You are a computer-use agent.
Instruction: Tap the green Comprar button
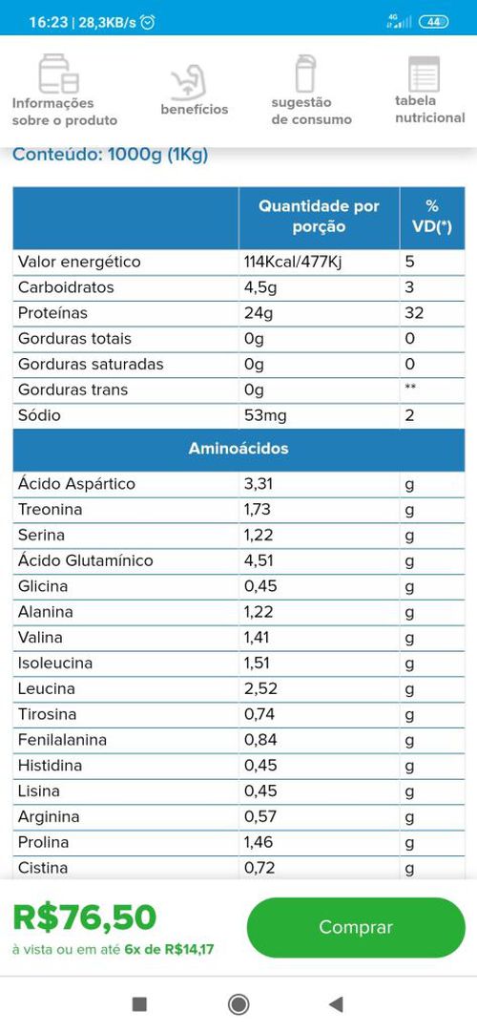(355, 927)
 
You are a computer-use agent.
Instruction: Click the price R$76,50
(85, 917)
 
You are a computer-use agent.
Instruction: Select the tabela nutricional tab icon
(424, 74)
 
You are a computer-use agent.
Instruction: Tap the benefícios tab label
(194, 110)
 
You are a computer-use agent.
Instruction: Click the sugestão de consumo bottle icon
(305, 74)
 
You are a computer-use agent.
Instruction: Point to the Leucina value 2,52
(260, 688)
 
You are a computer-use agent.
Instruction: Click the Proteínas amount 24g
(258, 313)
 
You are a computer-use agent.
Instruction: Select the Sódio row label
(39, 415)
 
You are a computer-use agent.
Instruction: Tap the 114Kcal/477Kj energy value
(293, 262)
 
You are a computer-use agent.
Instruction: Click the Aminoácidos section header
(238, 448)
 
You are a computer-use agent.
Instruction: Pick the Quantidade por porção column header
(319, 216)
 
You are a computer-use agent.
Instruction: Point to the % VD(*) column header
(431, 216)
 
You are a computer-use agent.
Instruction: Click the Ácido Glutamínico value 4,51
(259, 560)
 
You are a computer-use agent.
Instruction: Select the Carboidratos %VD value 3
(409, 287)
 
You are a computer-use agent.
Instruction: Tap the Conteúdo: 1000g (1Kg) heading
(111, 156)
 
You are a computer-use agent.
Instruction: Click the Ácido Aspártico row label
(76, 484)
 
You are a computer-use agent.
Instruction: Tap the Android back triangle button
(336, 1004)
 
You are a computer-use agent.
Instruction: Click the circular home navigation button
(238, 1004)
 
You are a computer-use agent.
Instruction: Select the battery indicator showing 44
(433, 22)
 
